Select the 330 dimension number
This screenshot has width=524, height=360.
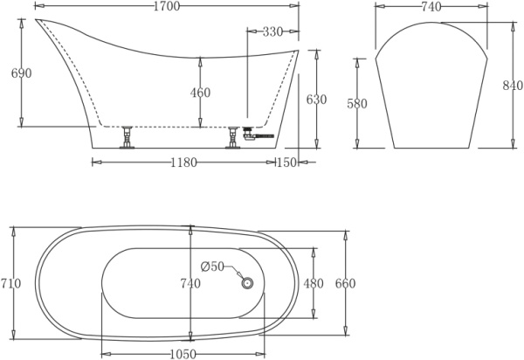272,32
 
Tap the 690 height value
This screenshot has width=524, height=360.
21,73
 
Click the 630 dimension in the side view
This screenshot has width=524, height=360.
316,100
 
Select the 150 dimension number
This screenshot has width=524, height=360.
286,163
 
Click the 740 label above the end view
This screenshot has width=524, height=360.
431,8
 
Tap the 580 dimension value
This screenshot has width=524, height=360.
358,104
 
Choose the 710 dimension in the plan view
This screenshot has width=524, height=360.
11,284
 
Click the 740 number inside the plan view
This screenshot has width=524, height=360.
190,284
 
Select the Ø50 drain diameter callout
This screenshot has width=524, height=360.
213,267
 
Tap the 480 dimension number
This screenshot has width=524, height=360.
313,284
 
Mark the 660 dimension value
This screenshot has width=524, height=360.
345,284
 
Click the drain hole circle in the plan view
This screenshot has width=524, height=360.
247,282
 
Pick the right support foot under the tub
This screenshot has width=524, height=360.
233,138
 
